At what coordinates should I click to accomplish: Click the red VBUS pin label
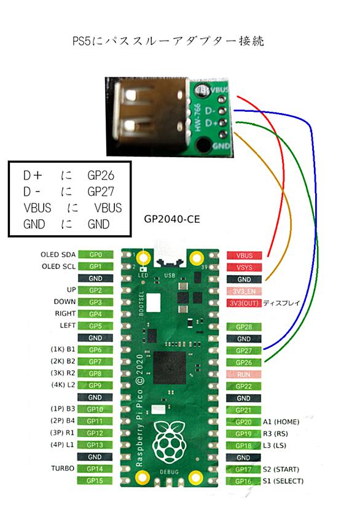(244, 255)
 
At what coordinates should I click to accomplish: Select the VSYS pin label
(244, 268)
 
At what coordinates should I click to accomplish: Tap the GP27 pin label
(244, 351)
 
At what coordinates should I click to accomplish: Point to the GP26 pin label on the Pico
(244, 363)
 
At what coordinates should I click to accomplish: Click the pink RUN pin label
(244, 375)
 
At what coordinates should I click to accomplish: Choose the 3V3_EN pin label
(244, 291)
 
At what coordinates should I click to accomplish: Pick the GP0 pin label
(95, 255)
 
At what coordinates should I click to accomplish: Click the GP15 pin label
(95, 481)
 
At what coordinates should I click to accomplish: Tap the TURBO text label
(63, 468)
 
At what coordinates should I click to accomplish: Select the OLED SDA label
(58, 254)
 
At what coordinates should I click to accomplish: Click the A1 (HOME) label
(281, 422)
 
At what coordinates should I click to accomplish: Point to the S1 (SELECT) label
(283, 481)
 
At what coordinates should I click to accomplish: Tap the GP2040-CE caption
(172, 219)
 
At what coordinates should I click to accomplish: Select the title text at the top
(168, 41)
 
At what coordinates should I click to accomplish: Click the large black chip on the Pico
(170, 367)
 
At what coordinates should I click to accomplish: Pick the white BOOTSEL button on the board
(154, 302)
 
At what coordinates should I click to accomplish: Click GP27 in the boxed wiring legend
(101, 192)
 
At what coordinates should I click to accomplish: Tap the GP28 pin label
(244, 327)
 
